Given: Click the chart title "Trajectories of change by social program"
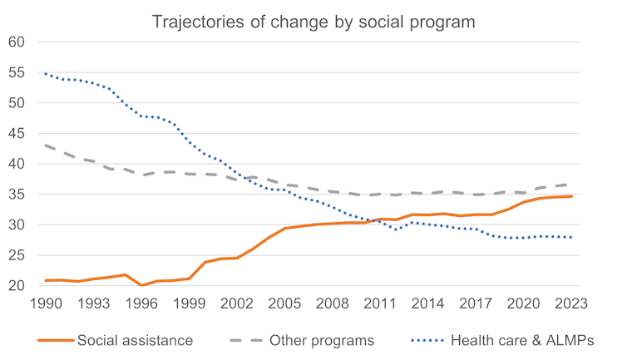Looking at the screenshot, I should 313,22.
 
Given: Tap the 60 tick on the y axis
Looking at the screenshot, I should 16,42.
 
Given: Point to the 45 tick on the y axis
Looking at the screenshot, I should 16,134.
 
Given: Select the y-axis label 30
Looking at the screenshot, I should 16,225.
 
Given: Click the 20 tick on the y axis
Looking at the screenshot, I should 16,286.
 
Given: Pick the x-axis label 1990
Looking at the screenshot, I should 46,303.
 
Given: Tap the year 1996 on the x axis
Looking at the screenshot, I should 141,303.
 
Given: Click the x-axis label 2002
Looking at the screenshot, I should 237,303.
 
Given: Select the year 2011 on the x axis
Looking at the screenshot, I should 381,303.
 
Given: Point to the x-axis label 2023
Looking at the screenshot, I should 571,303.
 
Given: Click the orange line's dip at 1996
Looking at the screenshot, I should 141,285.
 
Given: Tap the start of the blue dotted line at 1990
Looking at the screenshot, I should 46,74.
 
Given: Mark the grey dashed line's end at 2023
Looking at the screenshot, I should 571,185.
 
